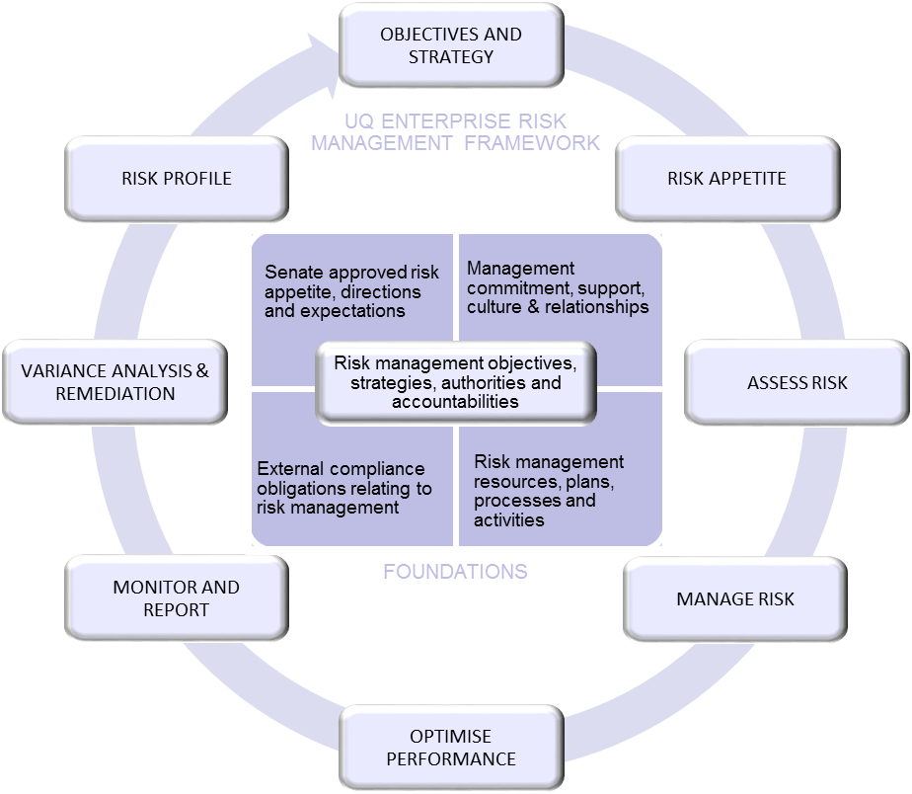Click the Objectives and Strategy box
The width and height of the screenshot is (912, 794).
(451, 45)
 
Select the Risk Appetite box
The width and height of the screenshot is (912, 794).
(726, 179)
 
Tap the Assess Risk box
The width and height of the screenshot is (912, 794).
(797, 382)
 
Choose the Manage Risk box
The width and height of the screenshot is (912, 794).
(734, 599)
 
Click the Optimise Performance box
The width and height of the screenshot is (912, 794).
(450, 748)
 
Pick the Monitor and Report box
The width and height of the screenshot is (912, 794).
(176, 598)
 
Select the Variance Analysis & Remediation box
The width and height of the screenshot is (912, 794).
(115, 382)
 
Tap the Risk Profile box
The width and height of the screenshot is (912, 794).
(177, 179)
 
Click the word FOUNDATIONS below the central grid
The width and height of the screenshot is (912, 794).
(455, 572)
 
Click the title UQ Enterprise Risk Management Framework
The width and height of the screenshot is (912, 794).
(455, 132)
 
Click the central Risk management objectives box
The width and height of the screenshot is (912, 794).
(455, 382)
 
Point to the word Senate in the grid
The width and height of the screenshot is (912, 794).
(293, 273)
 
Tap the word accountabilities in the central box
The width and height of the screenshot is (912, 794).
(455, 402)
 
